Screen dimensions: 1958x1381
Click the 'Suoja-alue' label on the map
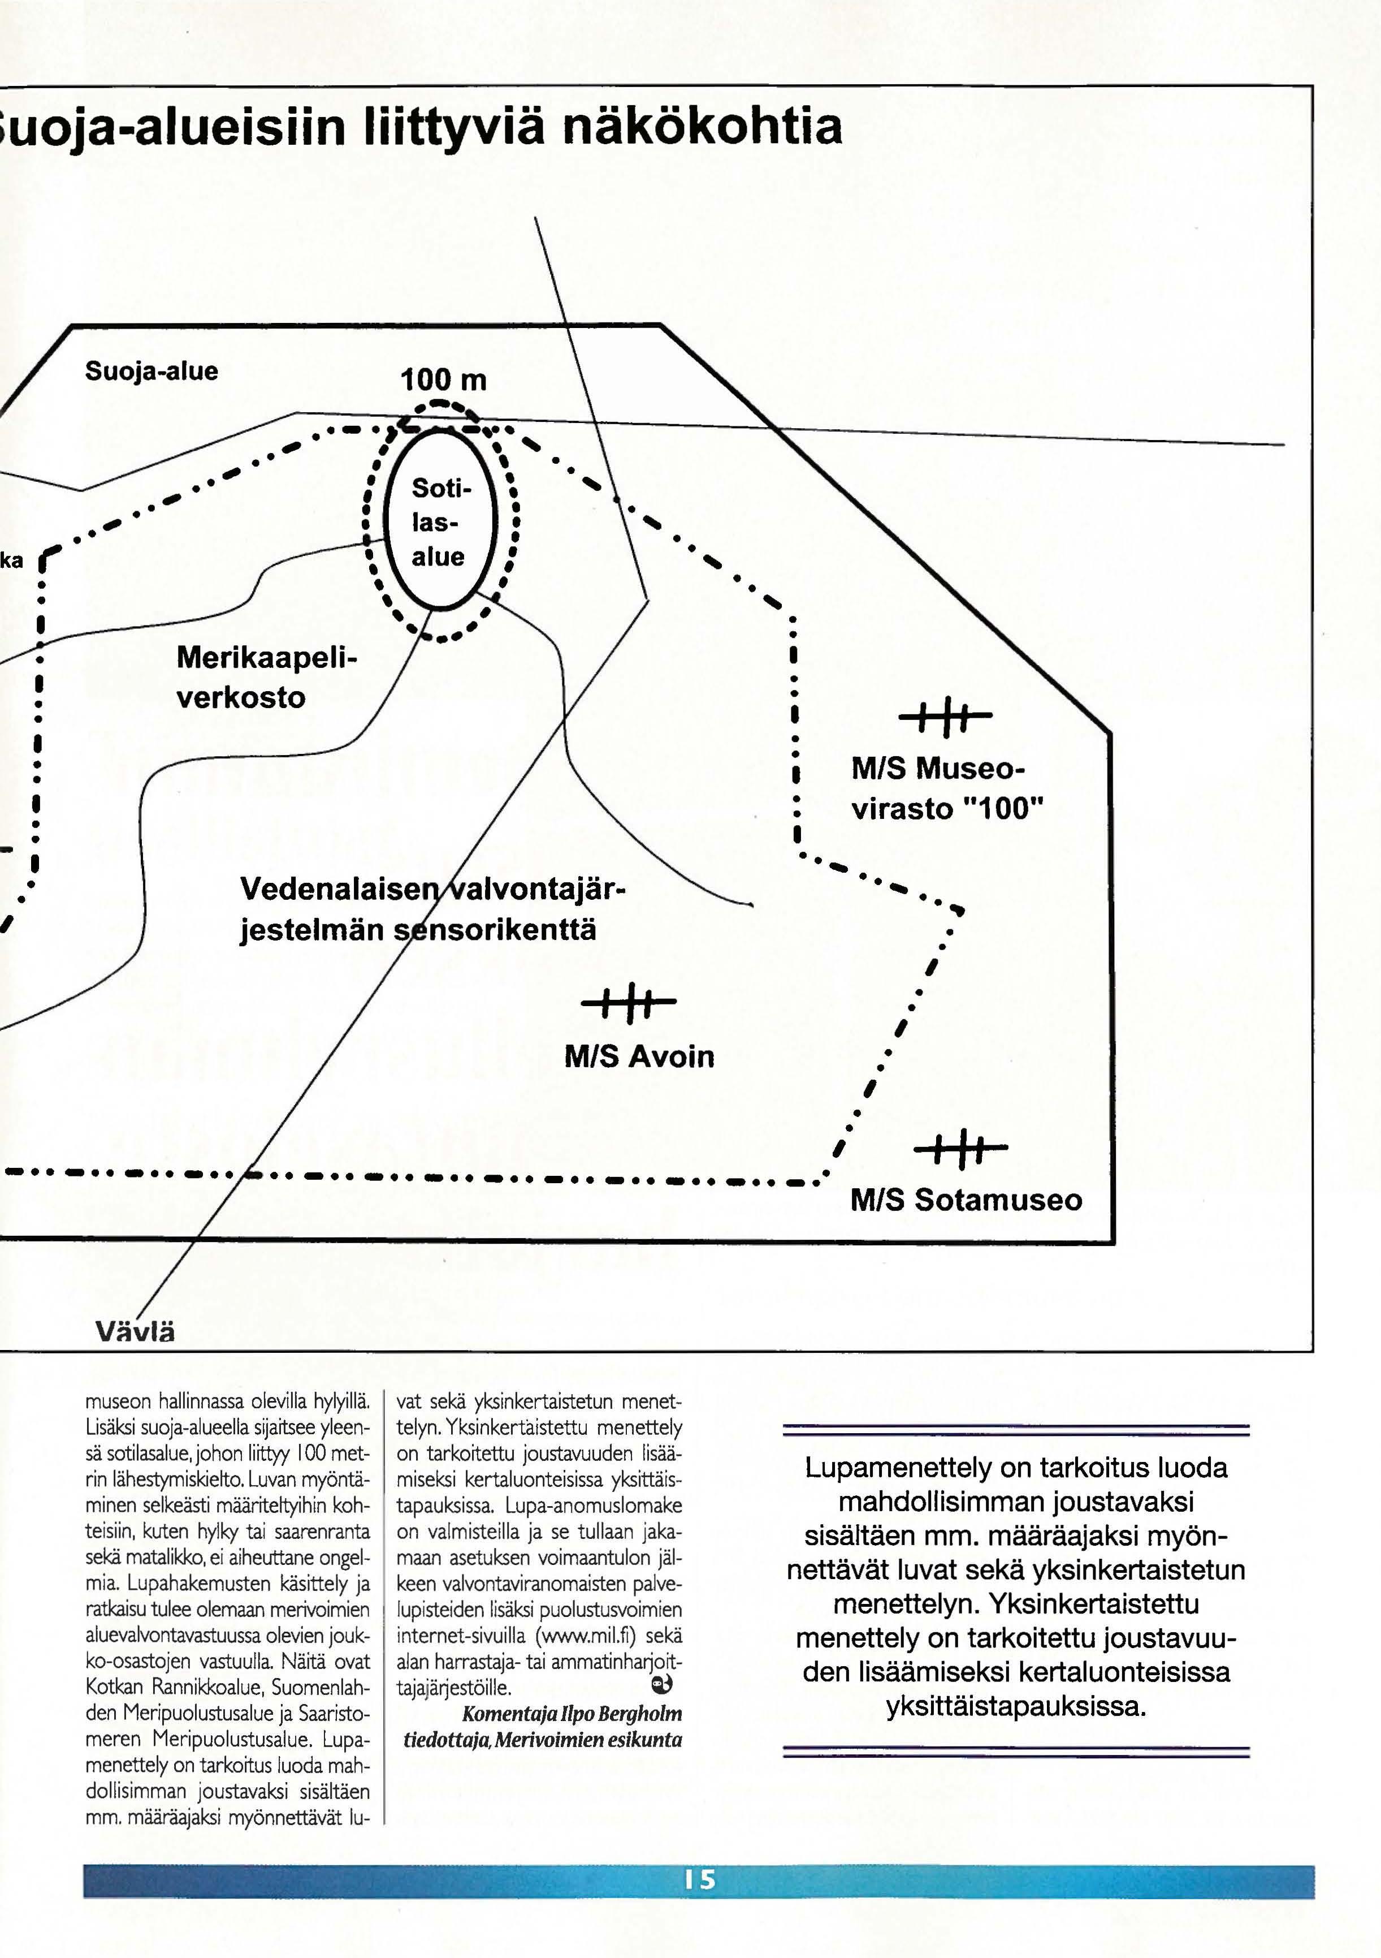(151, 371)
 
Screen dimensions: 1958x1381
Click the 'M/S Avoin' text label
(639, 1056)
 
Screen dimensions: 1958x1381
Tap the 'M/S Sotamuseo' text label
(966, 1200)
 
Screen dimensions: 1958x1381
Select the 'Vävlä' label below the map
(136, 1331)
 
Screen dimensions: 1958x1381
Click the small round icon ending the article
(661, 1684)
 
